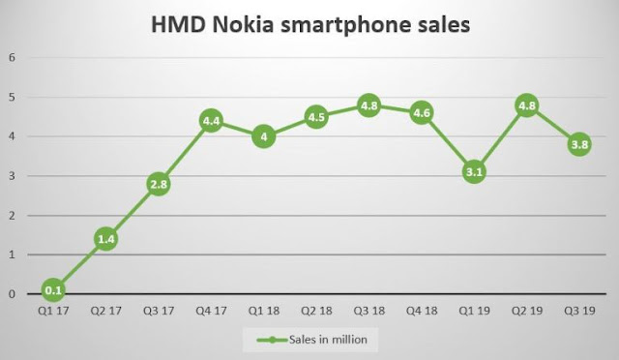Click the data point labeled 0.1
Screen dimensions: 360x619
(x=54, y=289)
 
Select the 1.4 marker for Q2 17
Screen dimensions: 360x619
(x=106, y=238)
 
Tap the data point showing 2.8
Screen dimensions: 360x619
(x=159, y=184)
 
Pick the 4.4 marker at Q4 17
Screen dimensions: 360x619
(x=212, y=121)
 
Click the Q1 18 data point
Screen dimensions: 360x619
(x=264, y=136)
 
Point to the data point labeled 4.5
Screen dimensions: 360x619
(x=316, y=117)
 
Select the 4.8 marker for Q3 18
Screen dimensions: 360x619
(x=368, y=105)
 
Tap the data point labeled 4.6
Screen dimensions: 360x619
(x=421, y=113)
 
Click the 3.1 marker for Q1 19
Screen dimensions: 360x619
(x=474, y=172)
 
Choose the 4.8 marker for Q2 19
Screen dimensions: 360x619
(x=526, y=105)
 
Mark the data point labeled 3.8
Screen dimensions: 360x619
(x=578, y=145)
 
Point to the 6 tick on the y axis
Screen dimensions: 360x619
(x=13, y=57)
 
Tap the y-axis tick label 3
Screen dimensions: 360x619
(x=13, y=176)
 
